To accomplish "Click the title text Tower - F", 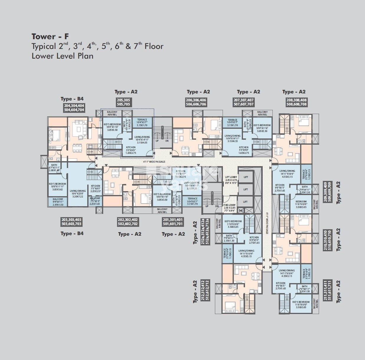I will (50, 37).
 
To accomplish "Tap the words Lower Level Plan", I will (63, 56).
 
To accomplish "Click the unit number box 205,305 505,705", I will (123, 102).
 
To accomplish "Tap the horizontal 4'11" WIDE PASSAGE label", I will (154, 162).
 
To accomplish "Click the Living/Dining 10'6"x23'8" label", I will (78, 193).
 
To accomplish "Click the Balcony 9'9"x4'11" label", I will (58, 202).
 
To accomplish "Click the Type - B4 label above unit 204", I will (72, 99).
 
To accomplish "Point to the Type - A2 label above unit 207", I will (248, 92).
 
